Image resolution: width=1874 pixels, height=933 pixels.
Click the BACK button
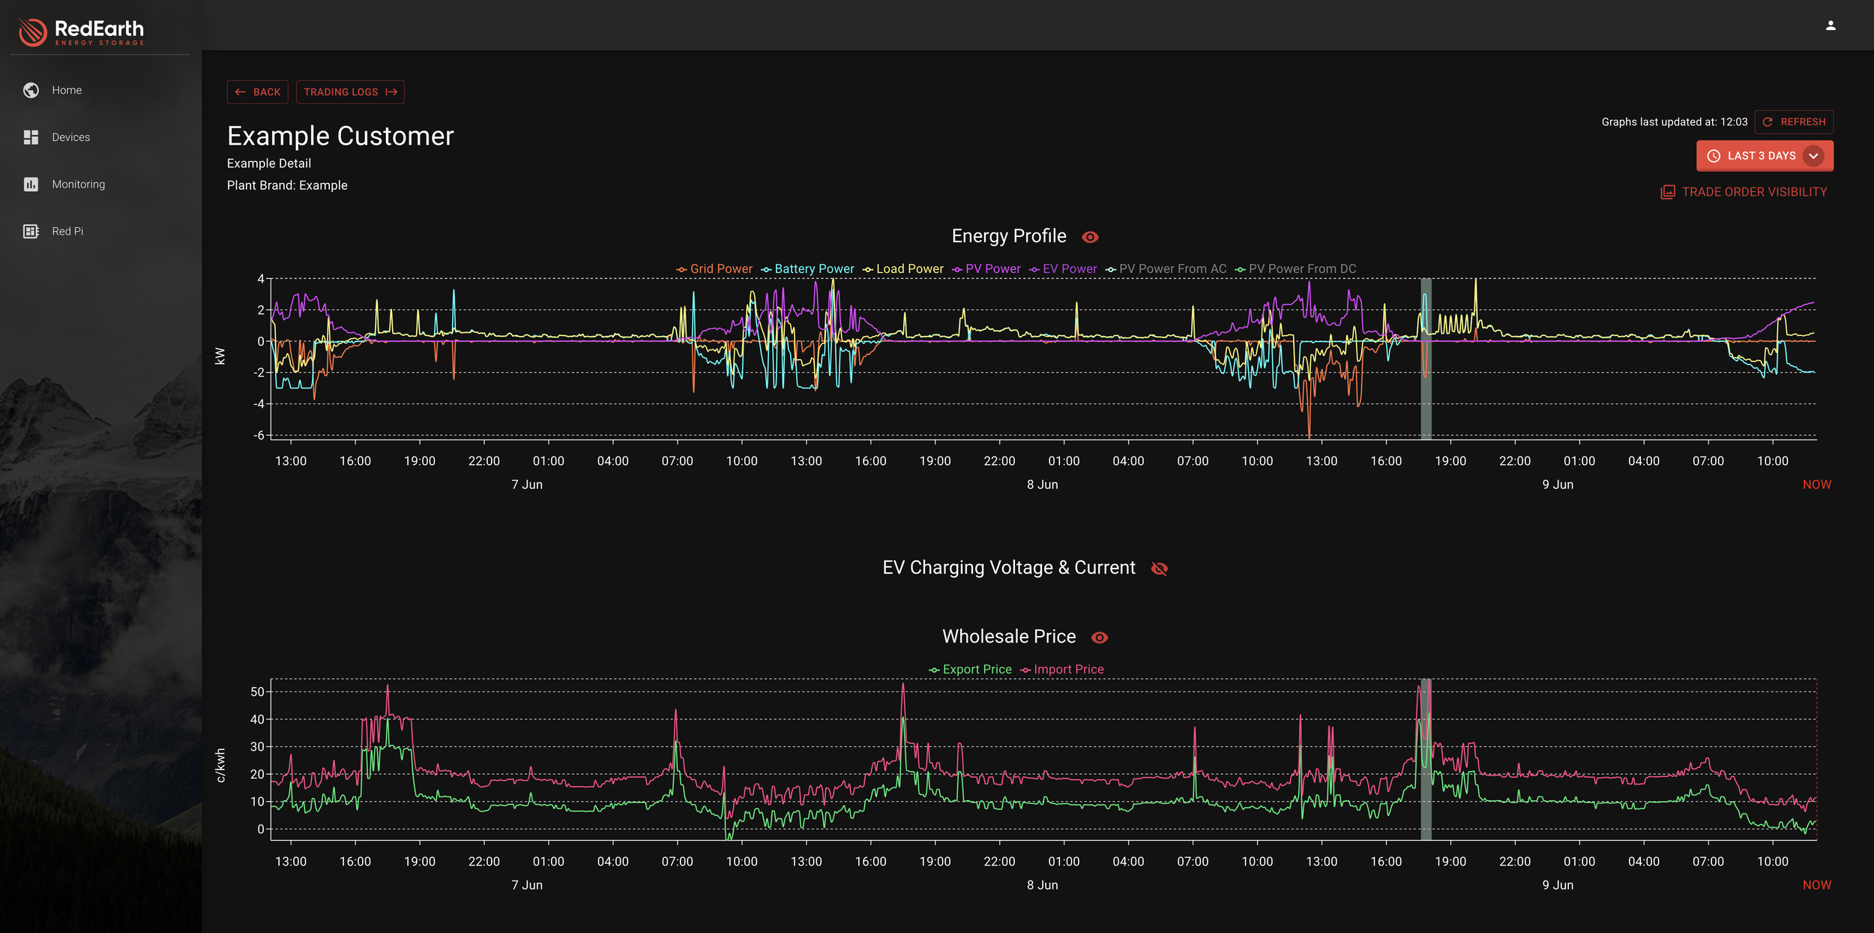point(257,91)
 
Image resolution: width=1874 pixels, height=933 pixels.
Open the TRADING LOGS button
point(350,91)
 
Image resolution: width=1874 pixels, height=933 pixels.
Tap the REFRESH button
point(1794,121)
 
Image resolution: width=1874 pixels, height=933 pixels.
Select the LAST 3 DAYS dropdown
point(1765,156)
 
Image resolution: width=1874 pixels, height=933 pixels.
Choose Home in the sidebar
point(67,90)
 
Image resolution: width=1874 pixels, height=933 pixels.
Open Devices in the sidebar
point(70,137)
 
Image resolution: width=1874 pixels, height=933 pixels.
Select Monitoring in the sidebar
point(78,184)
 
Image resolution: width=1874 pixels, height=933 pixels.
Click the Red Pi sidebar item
point(67,231)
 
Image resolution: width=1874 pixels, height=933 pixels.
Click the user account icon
point(1831,25)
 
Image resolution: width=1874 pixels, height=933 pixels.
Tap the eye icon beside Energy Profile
point(1090,237)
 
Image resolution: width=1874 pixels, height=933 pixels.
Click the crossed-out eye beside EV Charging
point(1159,568)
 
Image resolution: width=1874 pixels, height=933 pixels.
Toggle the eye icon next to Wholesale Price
point(1099,637)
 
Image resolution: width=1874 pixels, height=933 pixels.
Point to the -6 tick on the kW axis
point(259,435)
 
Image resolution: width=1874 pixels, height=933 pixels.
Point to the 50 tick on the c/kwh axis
point(257,691)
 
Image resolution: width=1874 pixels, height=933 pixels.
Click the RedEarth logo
point(81,31)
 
